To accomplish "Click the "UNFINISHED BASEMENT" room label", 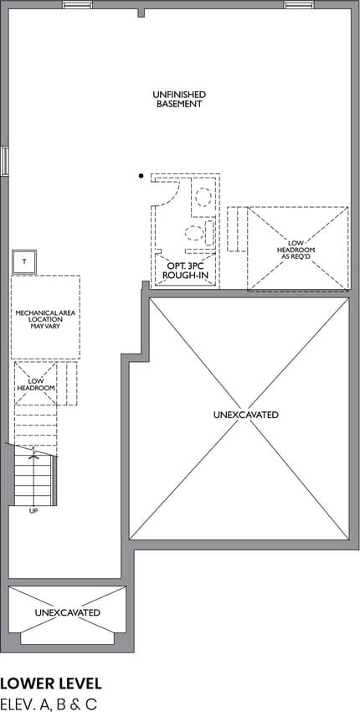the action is click(179, 99).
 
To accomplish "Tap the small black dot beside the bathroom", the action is click(141, 175).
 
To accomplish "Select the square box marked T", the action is click(24, 261).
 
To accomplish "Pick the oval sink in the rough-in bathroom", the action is click(203, 197).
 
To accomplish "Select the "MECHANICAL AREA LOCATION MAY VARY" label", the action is click(45, 319).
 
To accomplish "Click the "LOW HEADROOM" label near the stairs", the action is click(36, 384).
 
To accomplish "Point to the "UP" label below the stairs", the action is click(33, 511).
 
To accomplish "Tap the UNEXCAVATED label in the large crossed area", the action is click(245, 415).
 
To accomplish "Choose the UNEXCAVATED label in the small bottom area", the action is click(67, 612).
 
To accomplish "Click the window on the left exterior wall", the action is click(4, 161).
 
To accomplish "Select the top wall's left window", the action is click(78, 4).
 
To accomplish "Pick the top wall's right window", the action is click(299, 4).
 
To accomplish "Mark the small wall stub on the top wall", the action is click(141, 13).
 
